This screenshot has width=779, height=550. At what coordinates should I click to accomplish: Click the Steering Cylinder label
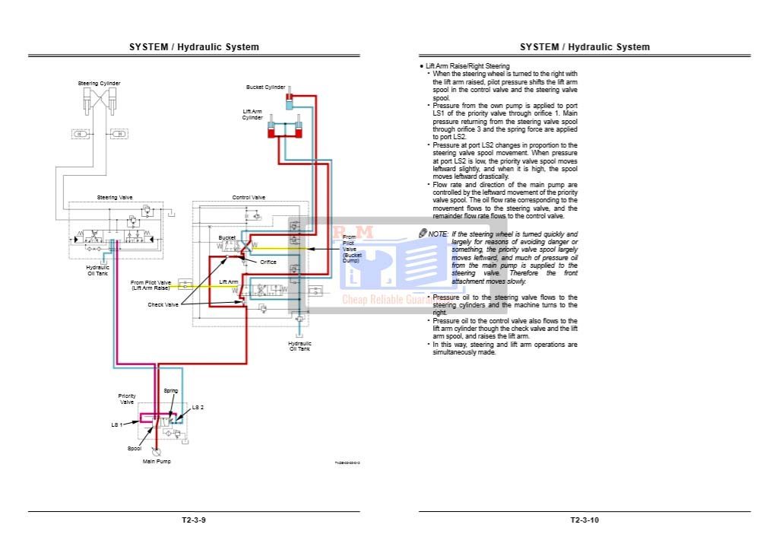(99, 83)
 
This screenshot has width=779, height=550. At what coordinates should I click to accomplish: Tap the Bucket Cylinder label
(265, 87)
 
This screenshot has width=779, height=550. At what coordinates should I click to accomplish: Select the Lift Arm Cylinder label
(252, 114)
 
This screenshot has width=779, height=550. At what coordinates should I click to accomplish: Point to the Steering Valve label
(114, 197)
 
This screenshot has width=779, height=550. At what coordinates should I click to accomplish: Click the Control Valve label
(249, 197)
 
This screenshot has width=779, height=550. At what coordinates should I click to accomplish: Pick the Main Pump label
(157, 461)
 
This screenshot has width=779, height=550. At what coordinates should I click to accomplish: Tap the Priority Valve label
(127, 399)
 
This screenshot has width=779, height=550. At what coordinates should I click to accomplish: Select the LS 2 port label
(198, 408)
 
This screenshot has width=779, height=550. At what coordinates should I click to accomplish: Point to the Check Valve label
(163, 304)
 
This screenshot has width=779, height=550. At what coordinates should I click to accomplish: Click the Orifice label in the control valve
(268, 262)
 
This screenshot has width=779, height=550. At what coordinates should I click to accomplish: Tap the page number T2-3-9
(194, 520)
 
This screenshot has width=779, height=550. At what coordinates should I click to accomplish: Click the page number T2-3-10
(584, 520)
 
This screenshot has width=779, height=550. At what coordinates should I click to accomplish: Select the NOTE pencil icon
(423, 234)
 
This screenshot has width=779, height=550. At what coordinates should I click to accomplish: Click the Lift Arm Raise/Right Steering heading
(467, 66)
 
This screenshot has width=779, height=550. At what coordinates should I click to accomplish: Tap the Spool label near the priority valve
(135, 448)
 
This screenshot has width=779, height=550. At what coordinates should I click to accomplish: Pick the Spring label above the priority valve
(171, 390)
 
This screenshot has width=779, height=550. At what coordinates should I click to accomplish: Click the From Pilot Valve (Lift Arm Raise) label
(150, 285)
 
